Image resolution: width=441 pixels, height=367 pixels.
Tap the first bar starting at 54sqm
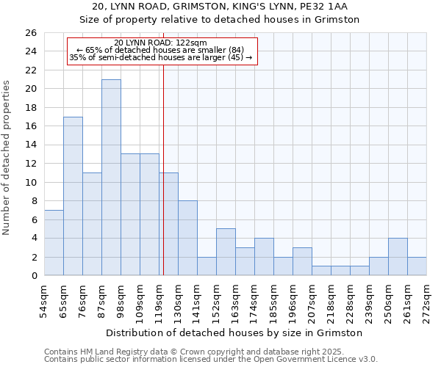[54, 243]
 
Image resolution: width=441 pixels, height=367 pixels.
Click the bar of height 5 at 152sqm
[226, 252]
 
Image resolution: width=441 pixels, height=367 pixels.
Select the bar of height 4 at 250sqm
[398, 257]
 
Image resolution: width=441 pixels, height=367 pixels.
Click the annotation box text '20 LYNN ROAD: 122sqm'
[161, 43]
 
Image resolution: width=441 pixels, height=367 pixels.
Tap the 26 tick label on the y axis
[30, 33]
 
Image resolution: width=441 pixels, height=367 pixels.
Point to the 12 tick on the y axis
[30, 164]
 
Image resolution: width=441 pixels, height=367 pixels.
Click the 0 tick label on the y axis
[34, 276]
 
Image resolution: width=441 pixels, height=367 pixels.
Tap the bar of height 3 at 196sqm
[302, 262]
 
